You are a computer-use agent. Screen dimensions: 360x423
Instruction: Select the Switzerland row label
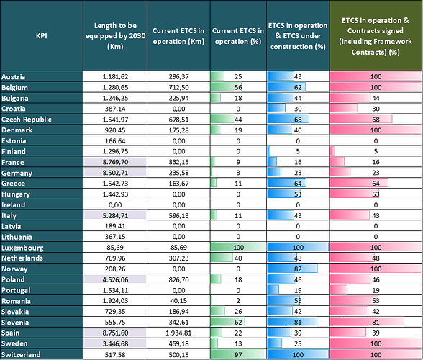pos(22,354)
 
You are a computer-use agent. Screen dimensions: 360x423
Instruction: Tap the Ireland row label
pos(14,204)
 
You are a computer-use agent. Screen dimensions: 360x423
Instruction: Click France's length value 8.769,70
pos(116,163)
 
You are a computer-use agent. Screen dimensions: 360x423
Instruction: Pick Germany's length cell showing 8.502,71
pos(116,173)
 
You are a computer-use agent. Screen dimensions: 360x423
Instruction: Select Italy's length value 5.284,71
pos(116,215)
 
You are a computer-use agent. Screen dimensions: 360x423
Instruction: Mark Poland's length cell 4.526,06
pos(116,279)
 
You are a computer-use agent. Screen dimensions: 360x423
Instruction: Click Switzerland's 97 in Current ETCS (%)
pos(237,354)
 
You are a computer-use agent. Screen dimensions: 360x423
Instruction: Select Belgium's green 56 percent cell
pos(237,86)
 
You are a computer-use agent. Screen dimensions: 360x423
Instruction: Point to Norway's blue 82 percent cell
pos(297,267)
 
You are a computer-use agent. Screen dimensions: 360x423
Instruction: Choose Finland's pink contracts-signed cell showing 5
pos(376,152)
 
